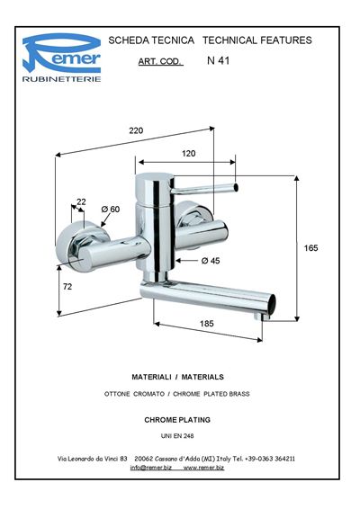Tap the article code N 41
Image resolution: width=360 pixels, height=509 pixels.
pyautogui.click(x=218, y=61)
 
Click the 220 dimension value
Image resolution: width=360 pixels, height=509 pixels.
pyautogui.click(x=136, y=130)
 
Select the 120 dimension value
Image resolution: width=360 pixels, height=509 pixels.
pyautogui.click(x=188, y=154)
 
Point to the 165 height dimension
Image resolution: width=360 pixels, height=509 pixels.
pyautogui.click(x=310, y=248)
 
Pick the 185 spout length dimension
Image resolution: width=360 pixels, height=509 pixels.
pyautogui.click(x=207, y=324)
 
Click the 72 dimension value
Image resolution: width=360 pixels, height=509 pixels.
pyautogui.click(x=67, y=287)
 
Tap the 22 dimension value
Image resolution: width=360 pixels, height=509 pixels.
pyautogui.click(x=81, y=202)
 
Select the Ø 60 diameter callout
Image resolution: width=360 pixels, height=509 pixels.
pyautogui.click(x=111, y=210)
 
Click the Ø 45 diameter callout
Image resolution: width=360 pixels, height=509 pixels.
pyautogui.click(x=211, y=261)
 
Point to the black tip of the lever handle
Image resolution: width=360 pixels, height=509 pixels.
pyautogui.click(x=236, y=188)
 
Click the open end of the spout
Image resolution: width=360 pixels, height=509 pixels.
pyautogui.click(x=272, y=304)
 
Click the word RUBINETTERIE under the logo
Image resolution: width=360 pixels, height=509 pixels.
pyautogui.click(x=62, y=79)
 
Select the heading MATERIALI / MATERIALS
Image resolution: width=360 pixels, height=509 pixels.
pyautogui.click(x=177, y=377)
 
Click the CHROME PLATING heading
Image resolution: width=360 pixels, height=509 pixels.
pyautogui.click(x=177, y=420)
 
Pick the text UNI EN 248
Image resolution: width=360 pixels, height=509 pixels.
pyautogui.click(x=177, y=436)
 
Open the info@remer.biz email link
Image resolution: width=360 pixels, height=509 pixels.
pyautogui.click(x=151, y=468)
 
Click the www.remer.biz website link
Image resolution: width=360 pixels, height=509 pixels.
pyautogui.click(x=203, y=468)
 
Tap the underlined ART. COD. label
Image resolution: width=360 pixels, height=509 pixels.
pyautogui.click(x=160, y=61)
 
